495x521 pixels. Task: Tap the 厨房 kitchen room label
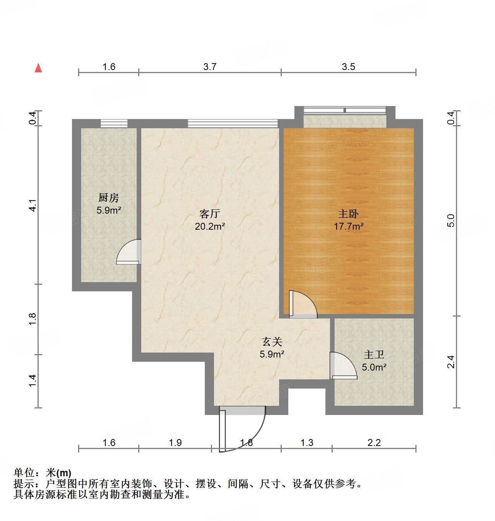109,198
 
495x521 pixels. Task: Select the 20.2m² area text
210,226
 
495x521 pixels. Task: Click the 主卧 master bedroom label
348,214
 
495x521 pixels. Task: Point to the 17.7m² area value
348,226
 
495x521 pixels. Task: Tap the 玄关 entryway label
272,341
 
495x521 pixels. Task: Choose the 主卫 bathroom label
374,354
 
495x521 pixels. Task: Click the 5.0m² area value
374,367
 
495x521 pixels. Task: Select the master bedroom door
302,305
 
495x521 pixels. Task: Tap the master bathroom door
343,366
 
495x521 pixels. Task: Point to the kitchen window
114,123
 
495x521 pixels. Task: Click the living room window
233,123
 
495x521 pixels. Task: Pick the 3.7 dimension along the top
210,67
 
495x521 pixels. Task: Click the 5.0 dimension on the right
451,220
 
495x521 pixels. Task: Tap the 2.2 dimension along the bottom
374,443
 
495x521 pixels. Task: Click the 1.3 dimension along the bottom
307,443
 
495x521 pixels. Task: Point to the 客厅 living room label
210,214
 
